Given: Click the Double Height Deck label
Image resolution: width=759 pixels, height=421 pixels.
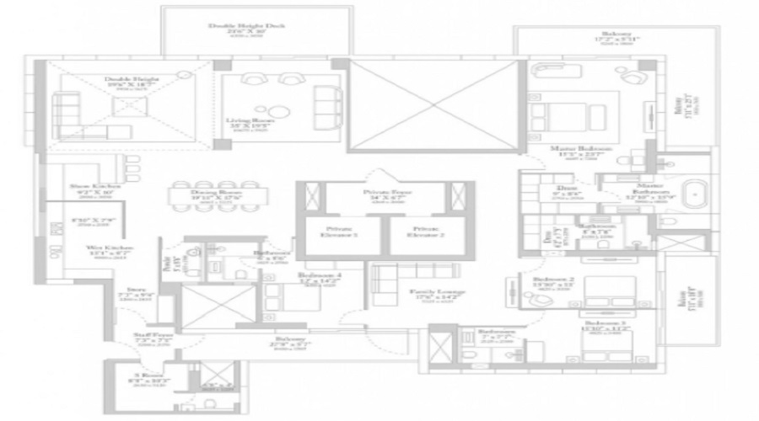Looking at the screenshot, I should point(246,26).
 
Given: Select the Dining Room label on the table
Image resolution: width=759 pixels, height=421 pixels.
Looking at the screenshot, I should point(205,194).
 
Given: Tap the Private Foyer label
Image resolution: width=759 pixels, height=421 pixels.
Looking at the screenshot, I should point(381,192).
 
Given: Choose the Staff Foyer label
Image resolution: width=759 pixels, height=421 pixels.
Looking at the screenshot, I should point(153,335).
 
